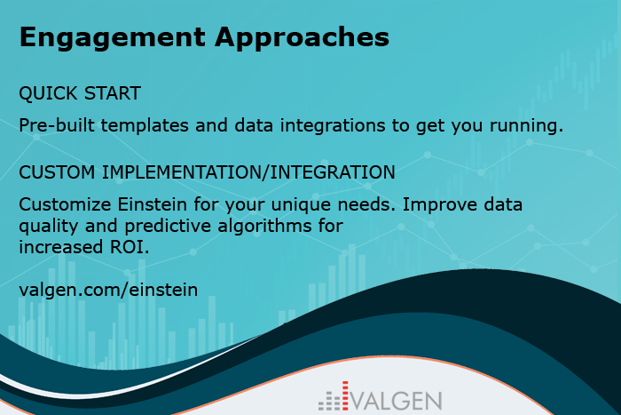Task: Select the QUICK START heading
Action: point(80,93)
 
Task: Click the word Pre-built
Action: point(57,125)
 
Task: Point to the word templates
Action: point(145,126)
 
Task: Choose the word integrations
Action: point(333,126)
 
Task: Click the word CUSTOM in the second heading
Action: point(57,172)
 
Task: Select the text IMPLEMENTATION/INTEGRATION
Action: point(248,172)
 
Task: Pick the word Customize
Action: point(66,204)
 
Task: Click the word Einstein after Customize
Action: point(152,204)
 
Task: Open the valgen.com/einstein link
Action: point(108,290)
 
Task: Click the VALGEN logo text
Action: point(397,401)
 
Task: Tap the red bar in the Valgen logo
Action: point(345,395)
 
